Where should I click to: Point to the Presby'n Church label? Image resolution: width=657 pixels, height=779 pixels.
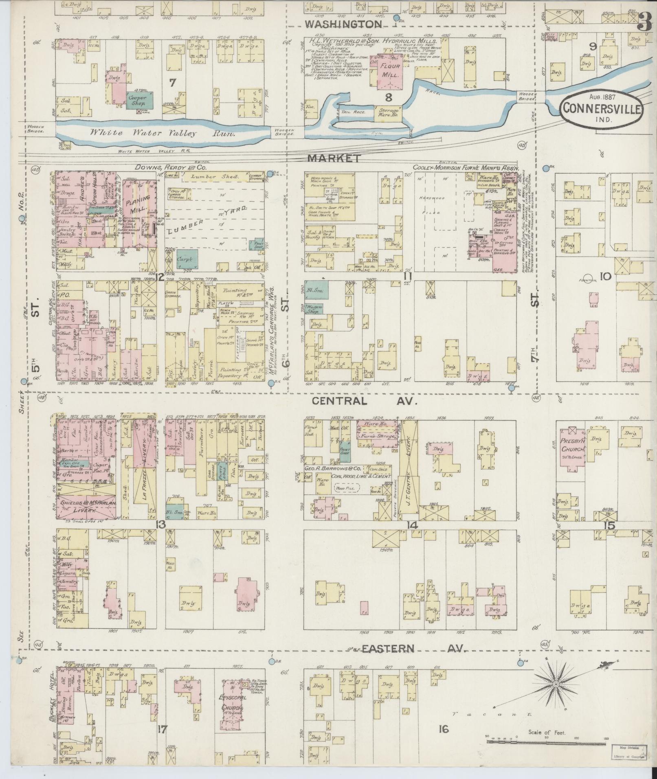coord(573,445)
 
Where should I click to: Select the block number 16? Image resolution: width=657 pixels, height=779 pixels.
coord(443,729)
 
